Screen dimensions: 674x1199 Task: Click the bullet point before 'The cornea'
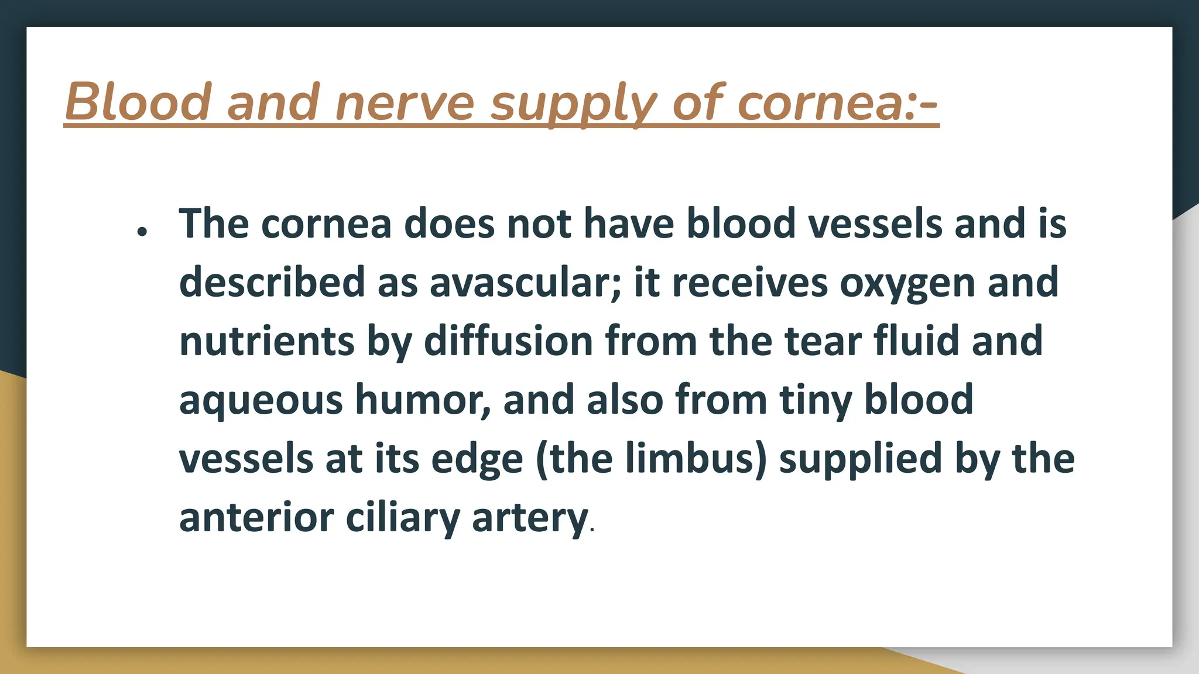click(x=141, y=232)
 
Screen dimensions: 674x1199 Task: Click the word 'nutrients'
click(x=267, y=342)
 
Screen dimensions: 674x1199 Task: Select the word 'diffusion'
click(x=508, y=342)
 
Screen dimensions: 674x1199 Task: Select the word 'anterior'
click(x=256, y=518)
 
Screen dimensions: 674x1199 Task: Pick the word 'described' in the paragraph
click(x=272, y=283)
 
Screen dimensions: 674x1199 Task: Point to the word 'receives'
click(x=750, y=283)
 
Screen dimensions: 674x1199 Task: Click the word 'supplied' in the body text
click(x=861, y=460)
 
